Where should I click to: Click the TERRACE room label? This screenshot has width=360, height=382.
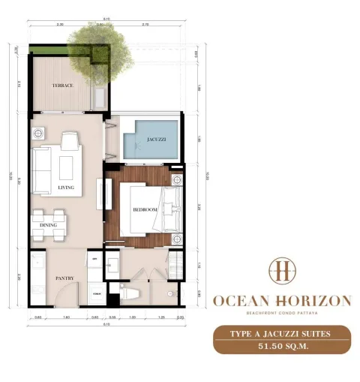pyautogui.click(x=63, y=86)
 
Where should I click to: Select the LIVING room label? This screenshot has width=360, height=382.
pyautogui.click(x=66, y=188)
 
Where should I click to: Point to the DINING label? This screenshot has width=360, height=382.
pyautogui.click(x=48, y=224)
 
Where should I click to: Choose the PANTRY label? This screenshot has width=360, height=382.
pyautogui.click(x=64, y=278)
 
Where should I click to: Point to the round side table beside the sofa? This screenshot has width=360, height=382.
pyautogui.click(x=39, y=134)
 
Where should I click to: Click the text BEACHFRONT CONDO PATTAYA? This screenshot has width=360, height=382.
pyautogui.click(x=282, y=314)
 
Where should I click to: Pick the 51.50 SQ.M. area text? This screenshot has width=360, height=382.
pyautogui.click(x=281, y=345)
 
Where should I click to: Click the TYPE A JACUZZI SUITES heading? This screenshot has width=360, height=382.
pyautogui.click(x=281, y=333)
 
